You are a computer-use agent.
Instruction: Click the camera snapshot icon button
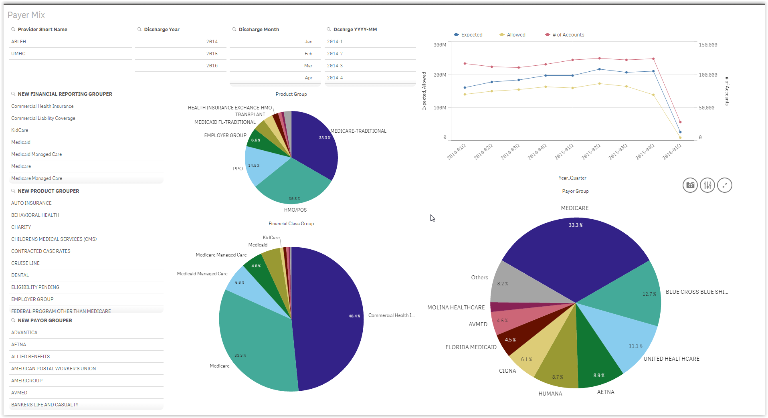click(x=690, y=185)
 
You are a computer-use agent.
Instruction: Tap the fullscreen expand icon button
click(x=724, y=185)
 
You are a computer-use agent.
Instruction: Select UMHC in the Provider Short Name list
click(x=18, y=54)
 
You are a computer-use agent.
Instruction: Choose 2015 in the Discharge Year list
click(x=212, y=54)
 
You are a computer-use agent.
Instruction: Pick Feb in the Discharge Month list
click(x=308, y=54)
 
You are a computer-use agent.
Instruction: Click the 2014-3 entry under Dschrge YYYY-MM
click(x=335, y=66)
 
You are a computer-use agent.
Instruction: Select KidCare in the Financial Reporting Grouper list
click(x=20, y=130)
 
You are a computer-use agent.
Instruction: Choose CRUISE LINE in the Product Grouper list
click(x=25, y=263)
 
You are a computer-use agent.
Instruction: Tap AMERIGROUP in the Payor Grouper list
click(x=27, y=381)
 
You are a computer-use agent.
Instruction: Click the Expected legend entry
click(x=471, y=35)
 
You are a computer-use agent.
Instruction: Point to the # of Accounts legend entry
click(x=568, y=35)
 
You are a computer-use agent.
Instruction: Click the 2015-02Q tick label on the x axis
click(x=591, y=152)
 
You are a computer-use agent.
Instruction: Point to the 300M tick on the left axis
click(x=440, y=45)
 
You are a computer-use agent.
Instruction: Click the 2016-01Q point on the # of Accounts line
click(x=680, y=122)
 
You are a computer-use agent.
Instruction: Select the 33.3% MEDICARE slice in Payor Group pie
click(x=575, y=248)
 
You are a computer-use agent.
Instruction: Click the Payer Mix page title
click(x=26, y=15)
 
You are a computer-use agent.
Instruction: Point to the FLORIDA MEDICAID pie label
click(x=471, y=347)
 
